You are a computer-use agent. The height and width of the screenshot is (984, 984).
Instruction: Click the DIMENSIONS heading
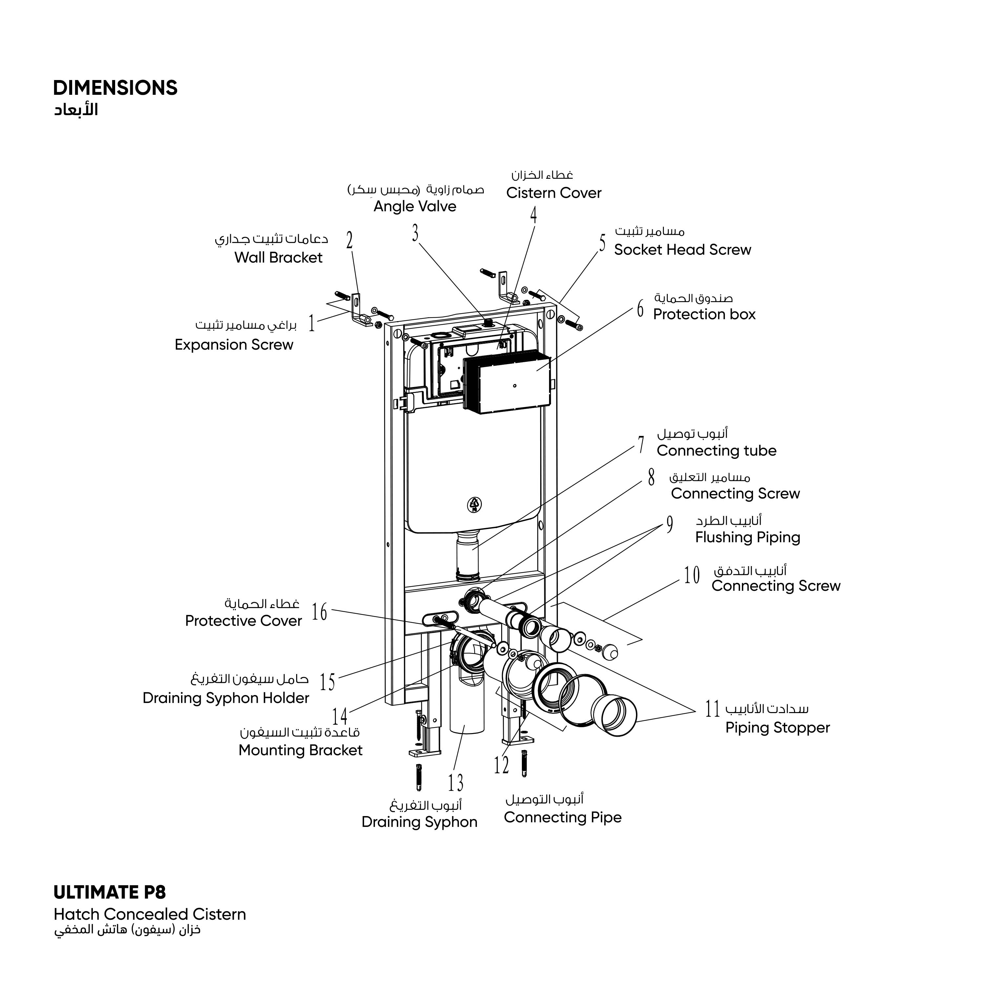pos(115,88)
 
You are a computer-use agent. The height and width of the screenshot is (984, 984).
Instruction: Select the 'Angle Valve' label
pos(415,206)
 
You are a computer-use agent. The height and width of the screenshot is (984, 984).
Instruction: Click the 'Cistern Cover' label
pos(554,193)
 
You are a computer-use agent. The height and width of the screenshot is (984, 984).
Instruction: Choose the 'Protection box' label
pos(704,314)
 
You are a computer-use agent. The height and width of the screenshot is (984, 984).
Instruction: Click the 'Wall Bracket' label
pos(278,258)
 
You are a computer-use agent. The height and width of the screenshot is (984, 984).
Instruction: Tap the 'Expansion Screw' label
pos(234,345)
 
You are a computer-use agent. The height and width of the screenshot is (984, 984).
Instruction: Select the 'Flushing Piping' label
pos(747,537)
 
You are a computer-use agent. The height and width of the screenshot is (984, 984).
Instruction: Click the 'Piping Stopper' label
pos(777,728)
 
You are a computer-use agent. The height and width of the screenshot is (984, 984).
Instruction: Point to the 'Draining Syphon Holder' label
pos(226,698)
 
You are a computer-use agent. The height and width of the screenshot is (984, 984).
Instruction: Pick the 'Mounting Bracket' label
pos(300,750)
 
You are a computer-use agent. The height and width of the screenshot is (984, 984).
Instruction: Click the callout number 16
pos(319,612)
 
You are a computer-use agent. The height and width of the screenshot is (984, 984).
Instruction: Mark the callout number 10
pos(692,576)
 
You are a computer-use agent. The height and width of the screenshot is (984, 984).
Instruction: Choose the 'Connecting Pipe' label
pos(562,817)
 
